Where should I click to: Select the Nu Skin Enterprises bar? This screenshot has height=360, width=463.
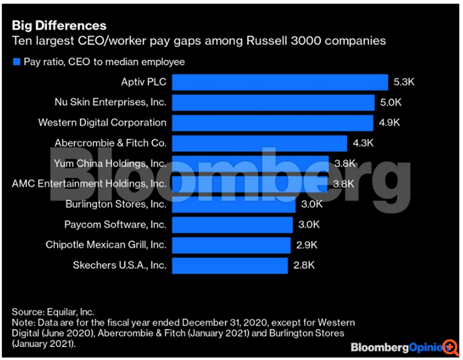pyautogui.click(x=273, y=102)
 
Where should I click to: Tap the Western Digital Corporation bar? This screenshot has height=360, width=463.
pyautogui.click(x=271, y=123)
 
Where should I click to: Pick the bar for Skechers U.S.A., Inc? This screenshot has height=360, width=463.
pyautogui.click(x=229, y=265)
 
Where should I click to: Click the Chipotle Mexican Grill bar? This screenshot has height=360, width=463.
pyautogui.click(x=230, y=245)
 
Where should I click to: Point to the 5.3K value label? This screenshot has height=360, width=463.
pyautogui.click(x=404, y=82)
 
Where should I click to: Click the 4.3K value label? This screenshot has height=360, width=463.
pyautogui.click(x=363, y=143)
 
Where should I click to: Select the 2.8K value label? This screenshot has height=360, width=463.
pyautogui.click(x=304, y=265)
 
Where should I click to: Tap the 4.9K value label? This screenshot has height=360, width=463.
pyautogui.click(x=389, y=123)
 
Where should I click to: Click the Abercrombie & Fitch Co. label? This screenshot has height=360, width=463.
pyautogui.click(x=111, y=143)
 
